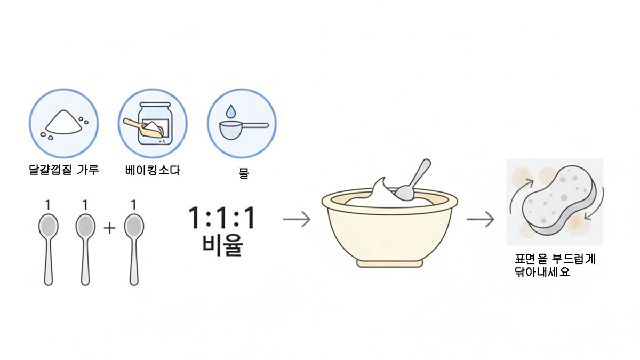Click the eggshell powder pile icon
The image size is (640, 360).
(x=64, y=122)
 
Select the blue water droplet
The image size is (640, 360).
(x=231, y=111)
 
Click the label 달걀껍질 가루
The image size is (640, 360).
(x=63, y=170)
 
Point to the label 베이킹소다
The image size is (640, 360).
(x=153, y=170)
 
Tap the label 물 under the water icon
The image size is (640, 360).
(x=243, y=173)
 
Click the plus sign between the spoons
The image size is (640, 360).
(x=109, y=228)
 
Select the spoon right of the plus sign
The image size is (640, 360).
(x=134, y=250)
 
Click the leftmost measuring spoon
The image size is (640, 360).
(x=49, y=250)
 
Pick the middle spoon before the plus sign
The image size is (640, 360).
(x=85, y=250)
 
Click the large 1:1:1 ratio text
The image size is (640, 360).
(x=222, y=218)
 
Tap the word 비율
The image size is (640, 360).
(x=222, y=245)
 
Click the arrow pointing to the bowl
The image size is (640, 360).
(x=297, y=219)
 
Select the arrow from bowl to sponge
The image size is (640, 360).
(x=481, y=219)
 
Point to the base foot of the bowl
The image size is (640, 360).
(x=390, y=263)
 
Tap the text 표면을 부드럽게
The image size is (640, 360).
(x=555, y=259)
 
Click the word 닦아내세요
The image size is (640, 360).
(x=542, y=271)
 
